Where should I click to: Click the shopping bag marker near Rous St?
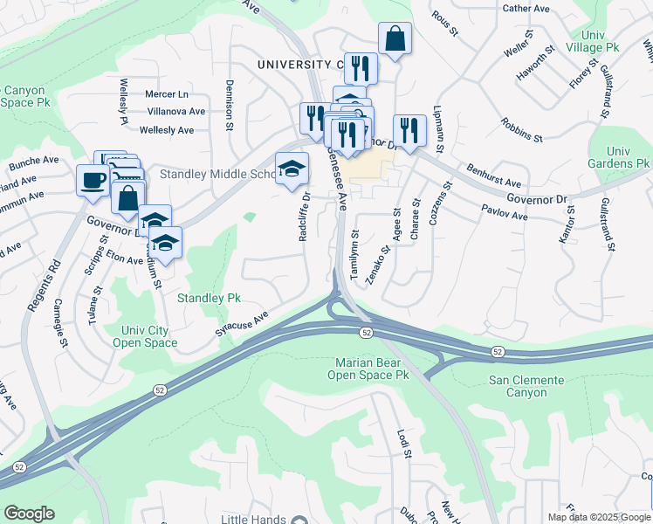(x=395, y=38)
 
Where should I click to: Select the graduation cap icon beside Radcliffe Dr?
(x=292, y=168)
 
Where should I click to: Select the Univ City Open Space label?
(x=145, y=336)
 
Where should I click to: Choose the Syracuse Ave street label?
(x=240, y=325)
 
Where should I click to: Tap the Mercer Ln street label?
(x=167, y=93)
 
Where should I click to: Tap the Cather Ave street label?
(x=526, y=8)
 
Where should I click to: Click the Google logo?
(x=29, y=514)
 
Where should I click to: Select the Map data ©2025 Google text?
(x=599, y=517)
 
